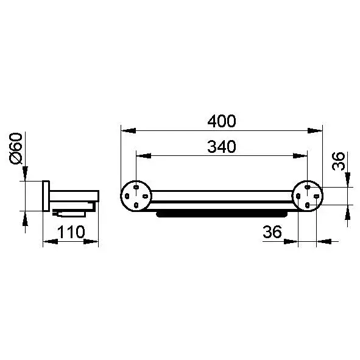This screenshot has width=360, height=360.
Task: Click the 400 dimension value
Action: click(x=222, y=121)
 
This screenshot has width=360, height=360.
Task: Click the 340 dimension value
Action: click(x=222, y=147)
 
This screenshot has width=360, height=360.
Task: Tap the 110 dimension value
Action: click(x=71, y=232)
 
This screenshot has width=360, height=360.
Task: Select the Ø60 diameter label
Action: click(x=16, y=149)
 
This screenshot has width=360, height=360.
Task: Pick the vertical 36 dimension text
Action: click(x=339, y=161)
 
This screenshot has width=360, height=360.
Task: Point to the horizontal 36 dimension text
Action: click(x=272, y=231)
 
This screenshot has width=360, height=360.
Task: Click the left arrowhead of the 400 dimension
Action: click(x=129, y=130)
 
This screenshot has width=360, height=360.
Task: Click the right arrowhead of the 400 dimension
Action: click(x=315, y=130)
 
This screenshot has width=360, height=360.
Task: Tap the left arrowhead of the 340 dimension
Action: click(x=144, y=156)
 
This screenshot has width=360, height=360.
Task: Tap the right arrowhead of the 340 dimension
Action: click(x=300, y=156)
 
